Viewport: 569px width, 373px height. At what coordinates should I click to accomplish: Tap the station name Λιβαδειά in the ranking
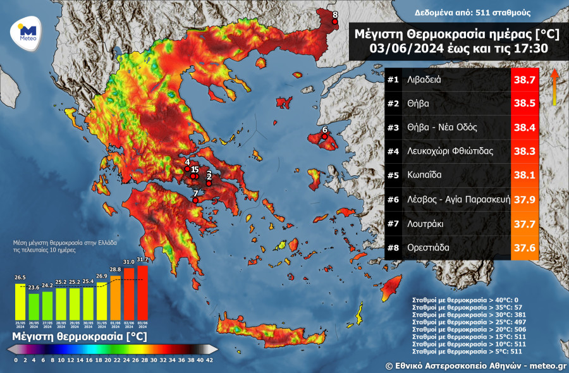(433, 80)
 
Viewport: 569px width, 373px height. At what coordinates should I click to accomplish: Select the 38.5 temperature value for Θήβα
(524, 104)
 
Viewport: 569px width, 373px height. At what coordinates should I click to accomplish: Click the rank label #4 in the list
(393, 152)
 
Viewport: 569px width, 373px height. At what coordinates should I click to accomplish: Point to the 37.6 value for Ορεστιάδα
(524, 248)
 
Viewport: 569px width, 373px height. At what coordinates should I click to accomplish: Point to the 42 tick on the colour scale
(210, 360)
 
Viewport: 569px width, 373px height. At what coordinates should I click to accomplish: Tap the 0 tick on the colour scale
(16, 360)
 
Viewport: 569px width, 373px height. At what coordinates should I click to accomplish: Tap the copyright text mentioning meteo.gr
(477, 365)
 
